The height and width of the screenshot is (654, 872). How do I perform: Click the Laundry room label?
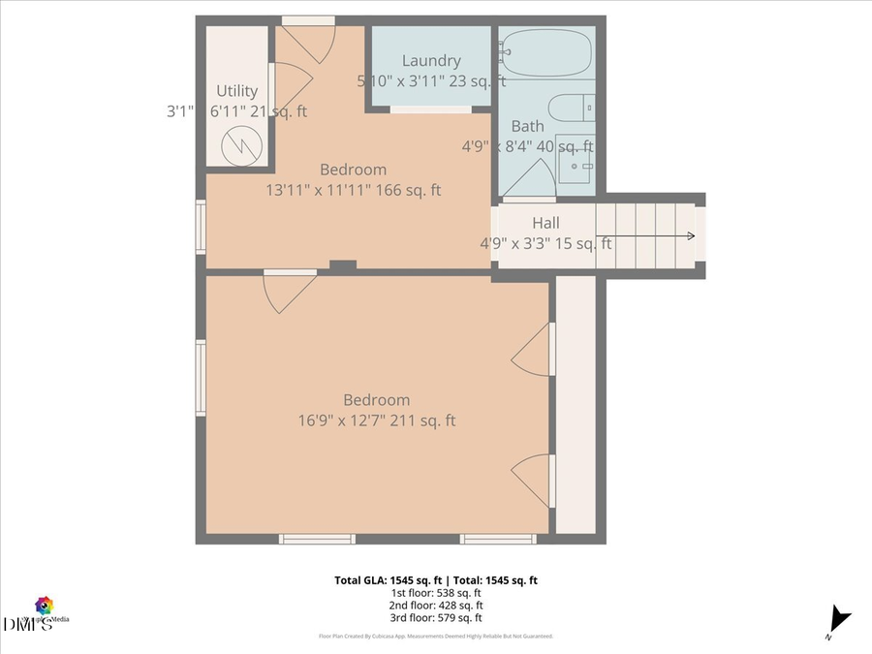tap(431, 61)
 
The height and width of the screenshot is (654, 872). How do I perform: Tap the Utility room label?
tap(236, 91)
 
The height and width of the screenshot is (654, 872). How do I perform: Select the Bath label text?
tap(528, 126)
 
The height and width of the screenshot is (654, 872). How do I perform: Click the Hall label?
tap(545, 223)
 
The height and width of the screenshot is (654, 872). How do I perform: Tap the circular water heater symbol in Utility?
tap(235, 146)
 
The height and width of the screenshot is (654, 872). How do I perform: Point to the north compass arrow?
tap(839, 619)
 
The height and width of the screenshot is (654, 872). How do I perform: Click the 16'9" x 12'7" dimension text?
tap(377, 420)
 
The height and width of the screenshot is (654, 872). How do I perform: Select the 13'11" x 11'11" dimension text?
tap(354, 190)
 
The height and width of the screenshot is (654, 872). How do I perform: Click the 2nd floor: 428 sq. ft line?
tap(435, 606)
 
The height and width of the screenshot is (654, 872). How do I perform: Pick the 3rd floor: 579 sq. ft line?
tap(435, 618)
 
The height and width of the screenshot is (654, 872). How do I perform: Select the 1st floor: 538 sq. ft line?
tap(435, 593)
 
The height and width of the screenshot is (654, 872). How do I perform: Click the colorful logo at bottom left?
tap(44, 606)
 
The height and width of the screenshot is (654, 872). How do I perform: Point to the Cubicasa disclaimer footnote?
tap(435, 637)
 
